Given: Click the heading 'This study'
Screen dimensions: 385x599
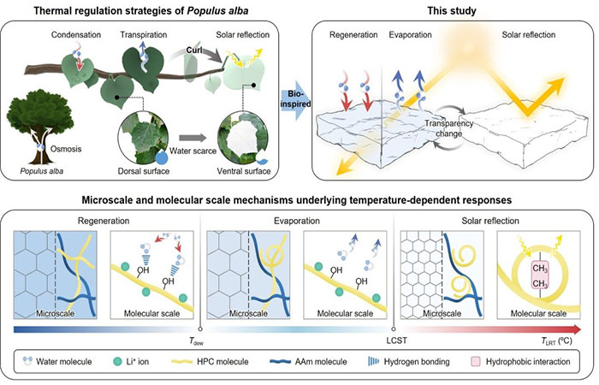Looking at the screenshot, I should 448,9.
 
